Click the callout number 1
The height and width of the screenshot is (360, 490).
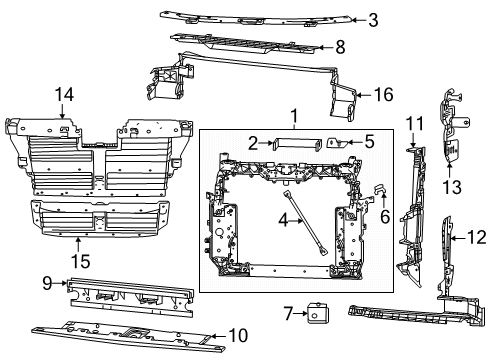(x=295, y=115)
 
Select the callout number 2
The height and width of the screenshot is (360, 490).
(x=254, y=142)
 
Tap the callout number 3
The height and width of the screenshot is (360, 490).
(x=372, y=19)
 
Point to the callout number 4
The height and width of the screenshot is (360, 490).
(x=284, y=219)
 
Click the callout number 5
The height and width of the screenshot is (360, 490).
(x=369, y=142)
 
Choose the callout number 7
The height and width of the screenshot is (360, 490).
(x=288, y=314)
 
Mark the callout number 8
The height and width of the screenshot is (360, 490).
(x=339, y=46)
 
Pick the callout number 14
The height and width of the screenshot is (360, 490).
(x=64, y=95)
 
